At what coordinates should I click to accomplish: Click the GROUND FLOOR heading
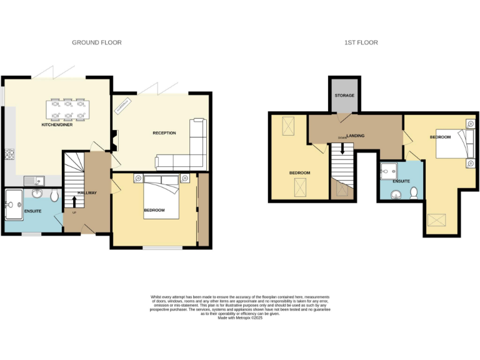(96, 42)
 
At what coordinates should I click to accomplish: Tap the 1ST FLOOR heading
(361, 42)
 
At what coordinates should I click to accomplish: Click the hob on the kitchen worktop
(9, 153)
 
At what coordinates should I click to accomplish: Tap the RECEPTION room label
(164, 133)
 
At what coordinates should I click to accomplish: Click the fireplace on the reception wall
(113, 136)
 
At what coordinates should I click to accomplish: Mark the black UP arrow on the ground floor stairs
(75, 202)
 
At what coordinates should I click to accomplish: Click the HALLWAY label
(87, 192)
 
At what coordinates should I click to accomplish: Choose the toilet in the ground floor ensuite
(54, 196)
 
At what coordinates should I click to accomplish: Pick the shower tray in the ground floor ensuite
(13, 201)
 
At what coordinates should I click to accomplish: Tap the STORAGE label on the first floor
(344, 96)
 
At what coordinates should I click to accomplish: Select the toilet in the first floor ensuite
(414, 194)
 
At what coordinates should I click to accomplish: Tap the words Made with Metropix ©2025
(240, 318)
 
